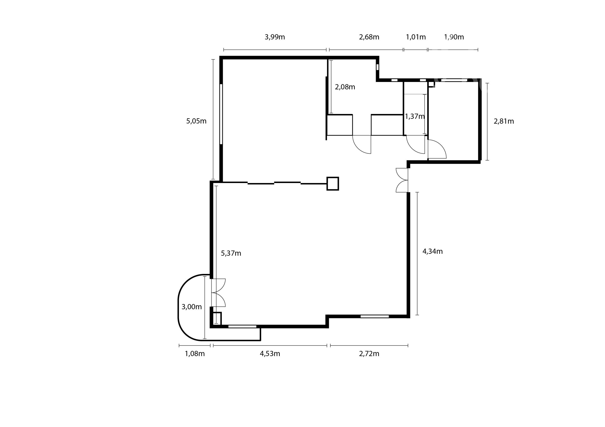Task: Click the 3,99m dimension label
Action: click(275, 37)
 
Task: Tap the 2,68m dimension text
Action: click(369, 37)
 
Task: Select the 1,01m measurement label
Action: click(416, 37)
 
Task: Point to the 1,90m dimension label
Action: click(454, 37)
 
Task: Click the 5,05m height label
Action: click(196, 121)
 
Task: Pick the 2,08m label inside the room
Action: click(345, 87)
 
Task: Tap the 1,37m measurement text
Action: click(415, 116)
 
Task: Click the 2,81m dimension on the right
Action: click(504, 121)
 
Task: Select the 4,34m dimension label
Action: click(433, 252)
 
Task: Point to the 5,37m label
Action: click(231, 253)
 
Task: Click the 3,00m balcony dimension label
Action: click(192, 307)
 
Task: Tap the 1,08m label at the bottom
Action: click(195, 354)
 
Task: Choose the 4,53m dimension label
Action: click(270, 354)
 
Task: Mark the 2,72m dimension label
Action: click(369, 354)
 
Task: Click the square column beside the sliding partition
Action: click(333, 184)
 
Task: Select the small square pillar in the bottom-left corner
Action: click(217, 319)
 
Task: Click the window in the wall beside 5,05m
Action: click(221, 114)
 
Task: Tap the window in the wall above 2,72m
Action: click(374, 317)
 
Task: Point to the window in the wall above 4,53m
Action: click(242, 326)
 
